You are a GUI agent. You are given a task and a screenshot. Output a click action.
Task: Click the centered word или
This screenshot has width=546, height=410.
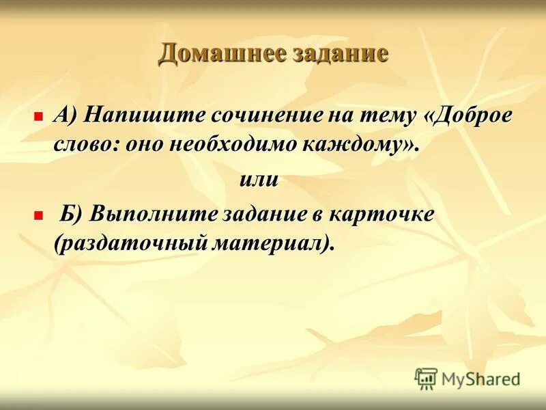[x=259, y=179]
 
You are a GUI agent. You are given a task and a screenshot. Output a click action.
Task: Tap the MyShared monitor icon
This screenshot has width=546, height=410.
[x=426, y=378]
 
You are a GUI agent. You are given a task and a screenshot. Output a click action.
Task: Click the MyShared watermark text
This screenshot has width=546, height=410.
[x=480, y=379]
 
